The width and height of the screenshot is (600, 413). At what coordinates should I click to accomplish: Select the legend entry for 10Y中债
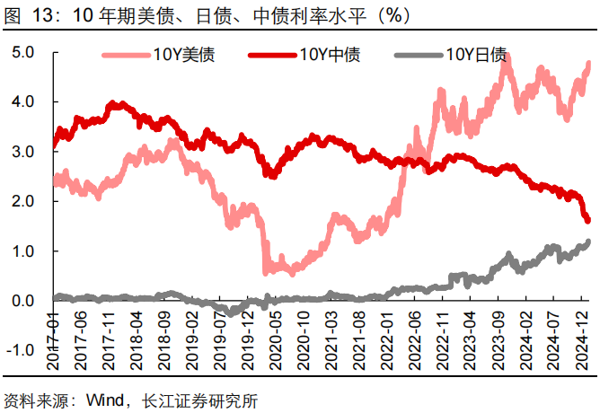[327, 56]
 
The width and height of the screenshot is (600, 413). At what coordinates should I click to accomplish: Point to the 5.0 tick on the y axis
[22, 53]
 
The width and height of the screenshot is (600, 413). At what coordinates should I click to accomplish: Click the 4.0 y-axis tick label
[22, 102]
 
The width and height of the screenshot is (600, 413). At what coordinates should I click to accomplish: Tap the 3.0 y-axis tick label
[22, 153]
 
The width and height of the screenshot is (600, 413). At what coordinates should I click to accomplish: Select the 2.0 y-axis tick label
[22, 202]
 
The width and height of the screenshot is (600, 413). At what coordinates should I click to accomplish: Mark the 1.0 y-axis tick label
[22, 251]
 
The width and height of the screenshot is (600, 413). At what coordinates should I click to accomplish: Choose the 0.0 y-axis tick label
[22, 301]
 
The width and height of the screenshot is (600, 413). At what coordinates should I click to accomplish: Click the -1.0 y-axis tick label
[20, 350]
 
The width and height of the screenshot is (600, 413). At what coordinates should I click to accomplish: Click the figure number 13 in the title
[42, 15]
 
